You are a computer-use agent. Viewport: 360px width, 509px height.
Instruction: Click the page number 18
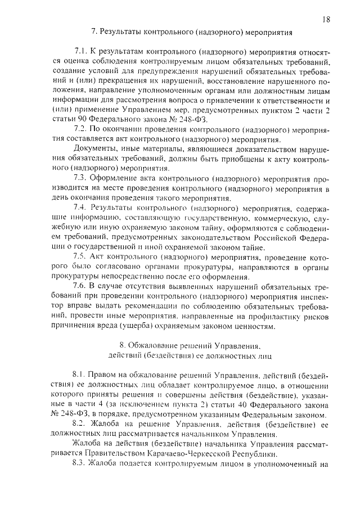(x=326, y=19)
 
